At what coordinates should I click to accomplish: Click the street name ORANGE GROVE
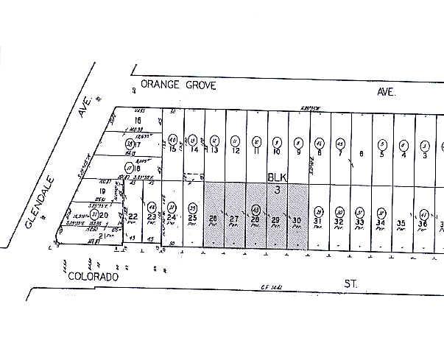(178, 85)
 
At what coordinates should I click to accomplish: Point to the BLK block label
(276, 178)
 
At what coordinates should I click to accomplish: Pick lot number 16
(136, 120)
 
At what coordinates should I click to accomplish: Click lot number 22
(133, 216)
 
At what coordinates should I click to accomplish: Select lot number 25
(192, 219)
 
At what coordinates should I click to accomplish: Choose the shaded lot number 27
(235, 220)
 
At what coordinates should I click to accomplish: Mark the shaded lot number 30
(297, 221)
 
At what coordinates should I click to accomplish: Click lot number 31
(319, 221)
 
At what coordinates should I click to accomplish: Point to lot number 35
(401, 222)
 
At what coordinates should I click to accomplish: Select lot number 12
(236, 151)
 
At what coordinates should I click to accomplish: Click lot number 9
(298, 152)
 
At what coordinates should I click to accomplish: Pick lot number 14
(194, 149)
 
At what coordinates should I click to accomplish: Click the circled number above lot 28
(256, 208)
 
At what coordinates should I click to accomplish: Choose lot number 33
(360, 222)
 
